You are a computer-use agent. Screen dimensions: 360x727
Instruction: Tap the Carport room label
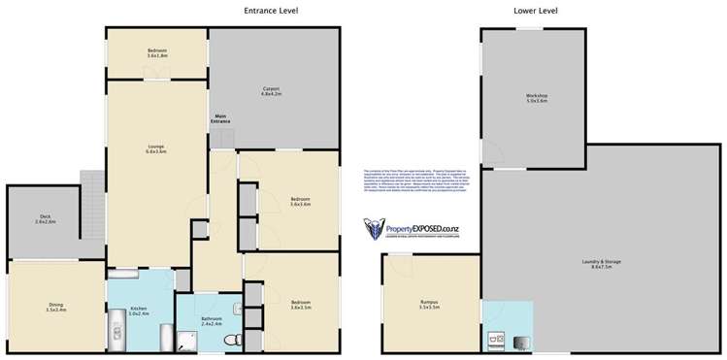(271, 91)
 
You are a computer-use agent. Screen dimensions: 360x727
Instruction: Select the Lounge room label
(156, 148)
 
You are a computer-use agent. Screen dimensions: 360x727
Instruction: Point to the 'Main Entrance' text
(222, 119)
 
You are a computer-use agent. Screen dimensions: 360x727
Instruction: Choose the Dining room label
(55, 308)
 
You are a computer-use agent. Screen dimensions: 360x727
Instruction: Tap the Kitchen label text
(139, 311)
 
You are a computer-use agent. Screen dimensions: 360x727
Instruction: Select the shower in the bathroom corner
(188, 337)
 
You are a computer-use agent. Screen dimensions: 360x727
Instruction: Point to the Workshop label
(537, 97)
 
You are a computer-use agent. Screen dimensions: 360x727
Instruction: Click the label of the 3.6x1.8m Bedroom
(157, 52)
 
